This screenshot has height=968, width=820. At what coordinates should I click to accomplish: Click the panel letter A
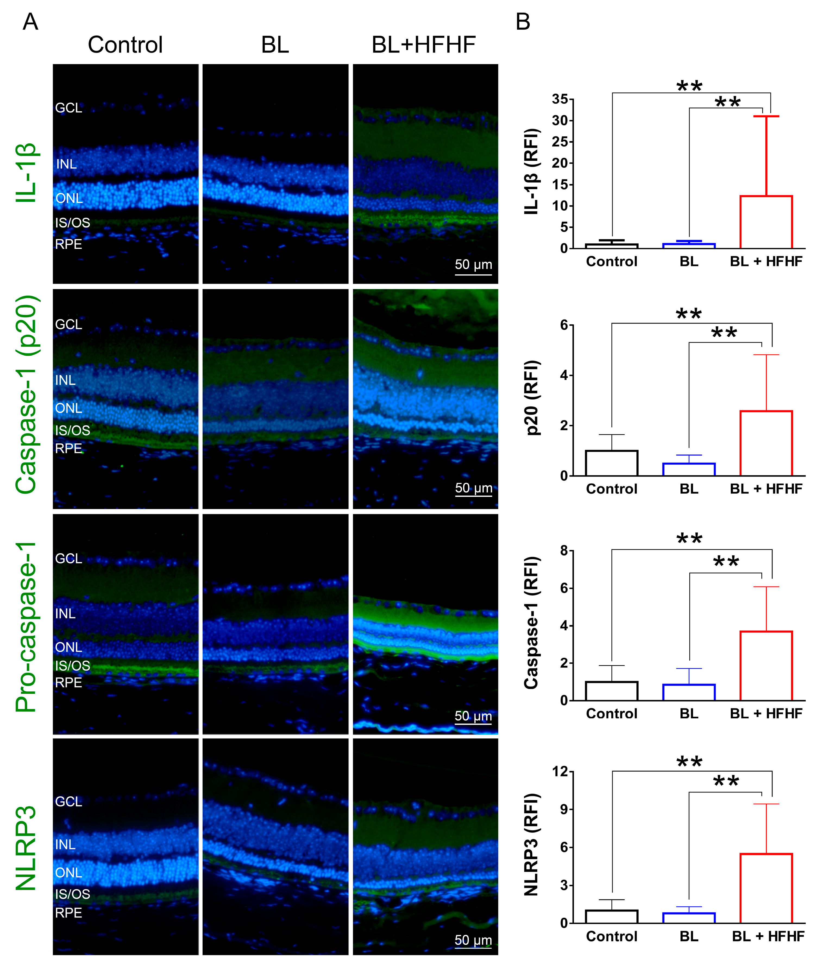tap(30, 22)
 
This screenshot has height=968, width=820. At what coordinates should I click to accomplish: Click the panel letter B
tap(523, 22)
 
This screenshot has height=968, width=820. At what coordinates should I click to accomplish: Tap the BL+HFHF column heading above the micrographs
tap(423, 45)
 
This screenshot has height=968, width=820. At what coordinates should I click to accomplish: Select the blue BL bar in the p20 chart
tap(689, 469)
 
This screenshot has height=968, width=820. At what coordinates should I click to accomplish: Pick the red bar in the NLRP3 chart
tap(766, 888)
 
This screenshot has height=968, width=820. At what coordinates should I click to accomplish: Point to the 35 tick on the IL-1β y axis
tap(560, 99)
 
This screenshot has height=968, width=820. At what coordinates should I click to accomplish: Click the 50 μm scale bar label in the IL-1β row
tap(473, 265)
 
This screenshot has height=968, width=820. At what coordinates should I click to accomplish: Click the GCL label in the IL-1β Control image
tap(68, 108)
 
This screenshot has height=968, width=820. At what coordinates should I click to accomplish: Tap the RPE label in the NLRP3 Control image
tap(68, 913)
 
